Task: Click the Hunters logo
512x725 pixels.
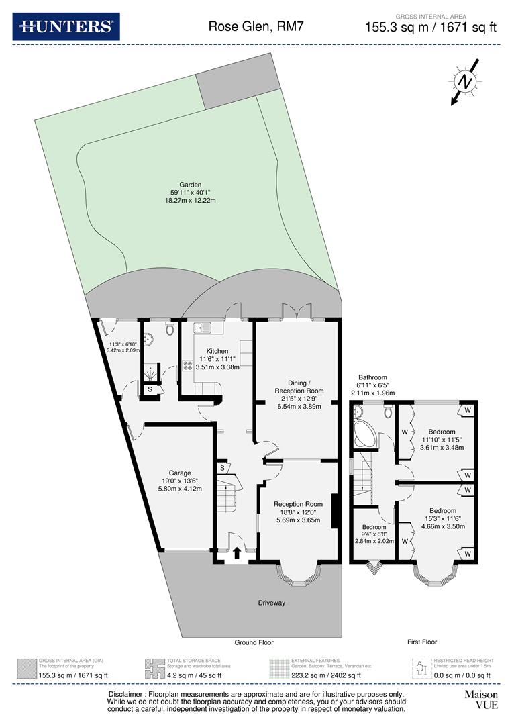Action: coord(66,27)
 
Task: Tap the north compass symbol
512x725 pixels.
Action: coord(464,81)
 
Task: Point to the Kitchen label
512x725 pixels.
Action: coord(217,351)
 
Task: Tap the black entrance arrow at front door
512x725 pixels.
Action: coord(237,553)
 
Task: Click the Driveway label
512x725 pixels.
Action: coord(272,603)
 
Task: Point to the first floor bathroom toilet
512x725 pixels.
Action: coord(389,412)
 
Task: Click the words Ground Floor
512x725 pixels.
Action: coord(254,642)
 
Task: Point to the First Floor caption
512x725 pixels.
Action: coord(422,642)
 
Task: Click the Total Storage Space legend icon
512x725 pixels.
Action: coord(154,669)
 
